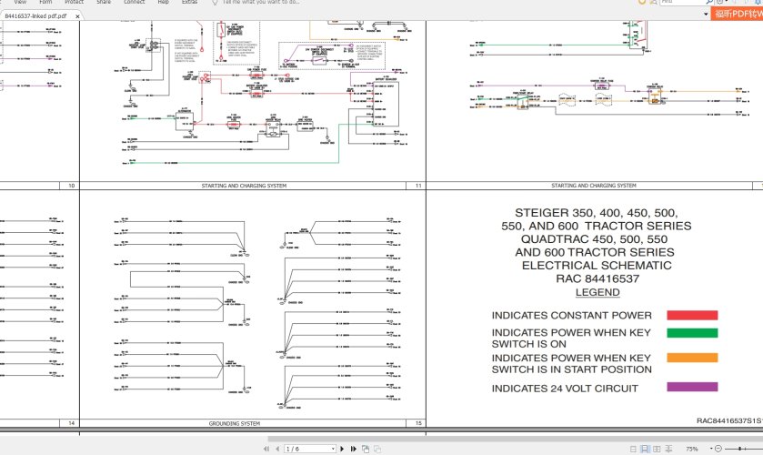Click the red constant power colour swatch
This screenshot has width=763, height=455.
coord(692,316)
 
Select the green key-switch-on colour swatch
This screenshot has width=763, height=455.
coord(692,333)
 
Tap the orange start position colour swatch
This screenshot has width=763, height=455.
coord(692,358)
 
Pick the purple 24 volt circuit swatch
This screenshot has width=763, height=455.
coord(692,388)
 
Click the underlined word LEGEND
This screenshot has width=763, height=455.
coord(597,292)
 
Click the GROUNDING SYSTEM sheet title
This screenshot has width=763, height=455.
coord(234,423)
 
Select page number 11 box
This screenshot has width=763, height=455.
coord(417,186)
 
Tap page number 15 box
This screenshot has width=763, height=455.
coord(417,423)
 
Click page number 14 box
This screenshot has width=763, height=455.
coord(70,423)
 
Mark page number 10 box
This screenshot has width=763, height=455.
coord(70,186)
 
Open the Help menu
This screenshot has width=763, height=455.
coord(164,3)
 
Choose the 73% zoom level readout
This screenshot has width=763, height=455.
coord(692,449)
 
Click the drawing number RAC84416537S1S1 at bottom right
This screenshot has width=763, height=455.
coord(728,421)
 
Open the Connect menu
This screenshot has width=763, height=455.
coord(134,3)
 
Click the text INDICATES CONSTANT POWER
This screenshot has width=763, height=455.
coord(559,316)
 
